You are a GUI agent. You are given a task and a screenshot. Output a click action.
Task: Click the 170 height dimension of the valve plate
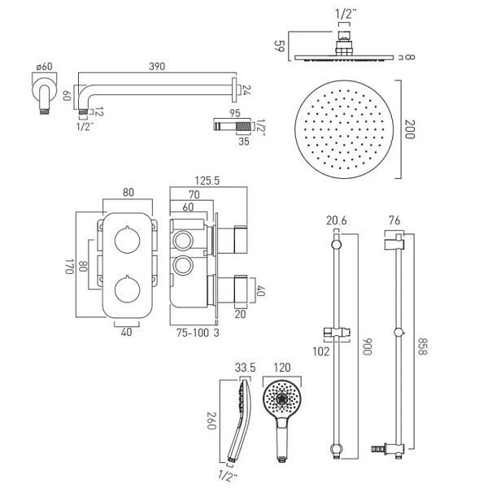point(69,265)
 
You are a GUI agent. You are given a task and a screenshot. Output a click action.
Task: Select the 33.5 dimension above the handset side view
point(246,367)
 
